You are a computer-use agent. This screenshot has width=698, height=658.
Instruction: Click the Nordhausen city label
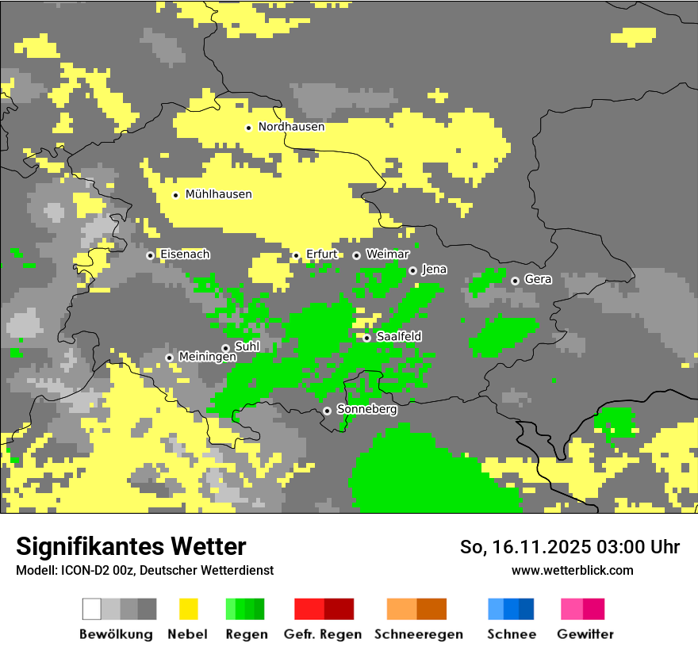[291, 127]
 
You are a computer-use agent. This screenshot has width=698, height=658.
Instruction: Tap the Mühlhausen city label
[218, 194]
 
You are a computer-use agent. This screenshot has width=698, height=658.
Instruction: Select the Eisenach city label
[185, 254]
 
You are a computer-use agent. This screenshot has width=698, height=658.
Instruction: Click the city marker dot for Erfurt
[296, 255]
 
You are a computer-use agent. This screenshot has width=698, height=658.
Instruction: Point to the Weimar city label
[387, 254]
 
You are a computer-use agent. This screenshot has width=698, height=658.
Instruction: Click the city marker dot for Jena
[412, 270]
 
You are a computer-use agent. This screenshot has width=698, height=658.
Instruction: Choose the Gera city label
[538, 280]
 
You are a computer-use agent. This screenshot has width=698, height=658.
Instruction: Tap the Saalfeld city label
[398, 337]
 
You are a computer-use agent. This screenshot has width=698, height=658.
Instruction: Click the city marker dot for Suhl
[225, 348]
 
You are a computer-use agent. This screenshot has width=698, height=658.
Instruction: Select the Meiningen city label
[208, 358]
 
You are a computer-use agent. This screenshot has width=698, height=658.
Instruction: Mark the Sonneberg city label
[366, 410]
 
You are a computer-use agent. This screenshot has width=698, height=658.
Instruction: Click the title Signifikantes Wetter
[131, 546]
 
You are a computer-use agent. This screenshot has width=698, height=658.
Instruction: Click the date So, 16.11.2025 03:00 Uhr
[570, 547]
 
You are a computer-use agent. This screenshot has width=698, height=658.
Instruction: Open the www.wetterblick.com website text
[572, 570]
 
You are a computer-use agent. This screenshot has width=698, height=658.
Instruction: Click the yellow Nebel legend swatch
[188, 609]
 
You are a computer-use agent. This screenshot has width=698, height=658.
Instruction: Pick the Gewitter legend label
[585, 634]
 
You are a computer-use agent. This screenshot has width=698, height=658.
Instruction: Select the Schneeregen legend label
[418, 634]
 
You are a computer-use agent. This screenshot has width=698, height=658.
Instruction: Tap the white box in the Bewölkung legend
[92, 609]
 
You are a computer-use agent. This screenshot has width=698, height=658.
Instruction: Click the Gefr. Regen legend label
[322, 634]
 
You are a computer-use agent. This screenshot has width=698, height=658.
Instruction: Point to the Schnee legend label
[511, 634]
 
